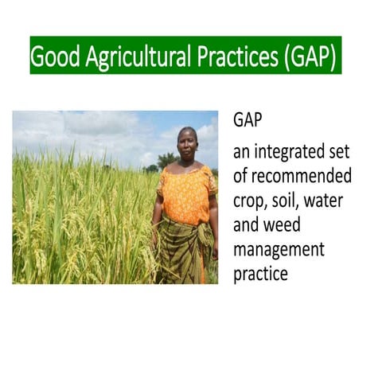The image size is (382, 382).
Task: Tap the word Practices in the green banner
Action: pos(232,57)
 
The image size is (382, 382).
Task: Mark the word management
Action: pos(279,250)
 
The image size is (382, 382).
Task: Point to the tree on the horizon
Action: pos(166,160)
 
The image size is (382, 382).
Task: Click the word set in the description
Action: pos(338,150)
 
